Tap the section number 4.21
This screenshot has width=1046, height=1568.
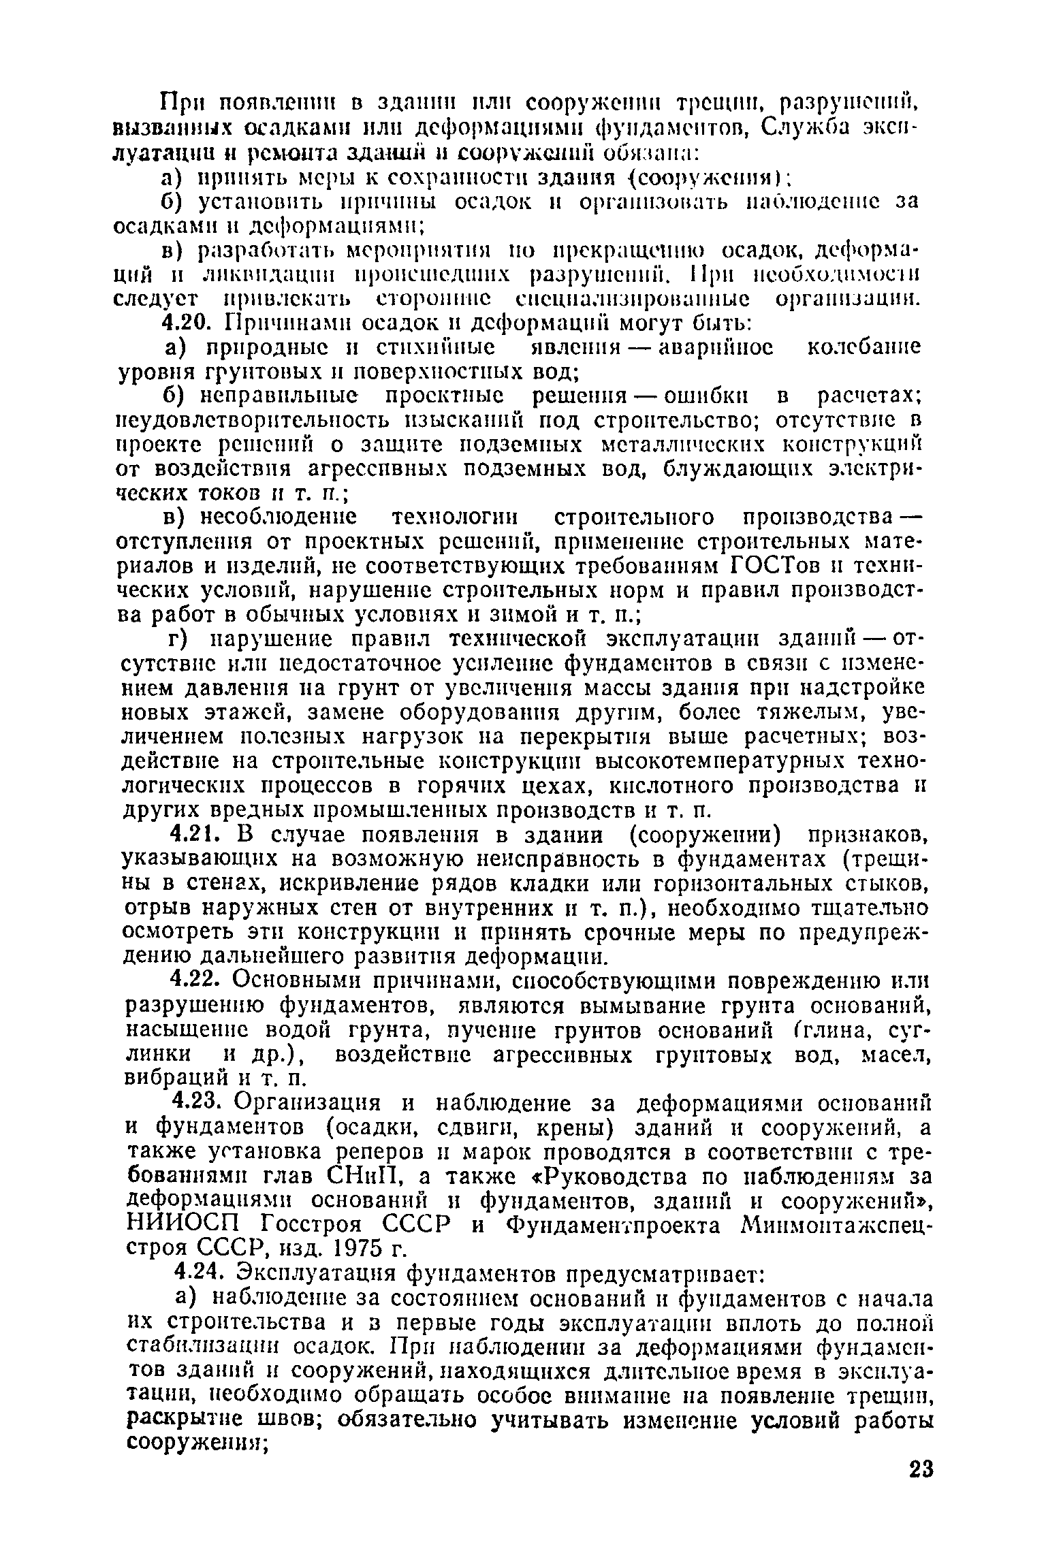coord(193,835)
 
